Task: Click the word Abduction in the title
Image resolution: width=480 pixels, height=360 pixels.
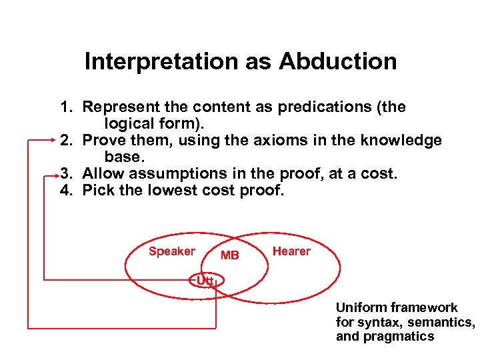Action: click(x=338, y=62)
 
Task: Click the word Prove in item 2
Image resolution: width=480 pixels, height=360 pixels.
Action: click(x=101, y=141)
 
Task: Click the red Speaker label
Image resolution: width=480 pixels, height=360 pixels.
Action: click(x=171, y=251)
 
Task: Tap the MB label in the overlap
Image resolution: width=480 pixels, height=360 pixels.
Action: click(x=230, y=255)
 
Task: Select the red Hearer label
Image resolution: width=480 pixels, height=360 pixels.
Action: click(x=291, y=251)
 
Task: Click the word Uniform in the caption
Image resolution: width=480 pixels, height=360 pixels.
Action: click(x=361, y=307)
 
